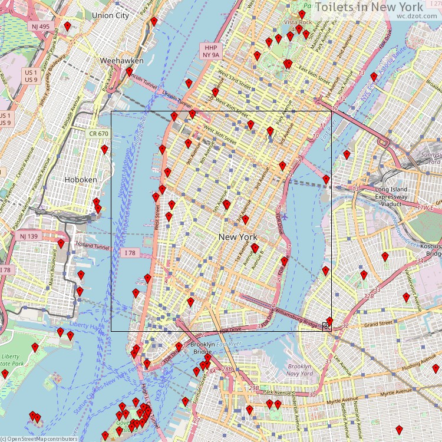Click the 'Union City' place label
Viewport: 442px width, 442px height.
[x=111, y=15]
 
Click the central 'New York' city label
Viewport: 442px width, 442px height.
[x=238, y=237]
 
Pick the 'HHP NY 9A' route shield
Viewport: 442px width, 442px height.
[x=210, y=50]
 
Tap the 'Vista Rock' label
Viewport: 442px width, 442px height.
[x=298, y=22]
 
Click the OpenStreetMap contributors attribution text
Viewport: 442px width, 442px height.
[x=39, y=438]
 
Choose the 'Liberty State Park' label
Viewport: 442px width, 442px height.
[x=10, y=361]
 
